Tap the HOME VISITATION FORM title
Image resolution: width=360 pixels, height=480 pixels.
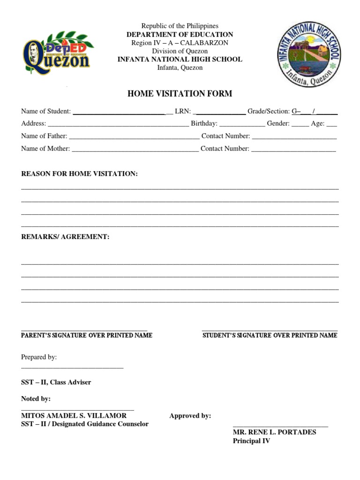tap(180, 94)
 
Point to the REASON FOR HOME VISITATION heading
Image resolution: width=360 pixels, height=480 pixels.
tap(80, 174)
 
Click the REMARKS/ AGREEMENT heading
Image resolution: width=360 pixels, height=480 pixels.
tap(65, 237)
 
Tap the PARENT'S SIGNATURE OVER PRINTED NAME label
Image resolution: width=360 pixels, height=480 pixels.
tap(87, 336)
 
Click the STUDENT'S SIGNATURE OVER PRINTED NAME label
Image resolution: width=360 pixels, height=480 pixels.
tap(270, 336)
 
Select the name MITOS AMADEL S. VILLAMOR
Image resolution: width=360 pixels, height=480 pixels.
tap(74, 416)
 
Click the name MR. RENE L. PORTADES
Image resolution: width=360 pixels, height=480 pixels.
tap(274, 432)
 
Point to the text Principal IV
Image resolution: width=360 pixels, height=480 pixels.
tap(251, 441)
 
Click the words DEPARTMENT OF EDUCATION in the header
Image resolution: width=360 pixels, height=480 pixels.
tap(180, 35)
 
